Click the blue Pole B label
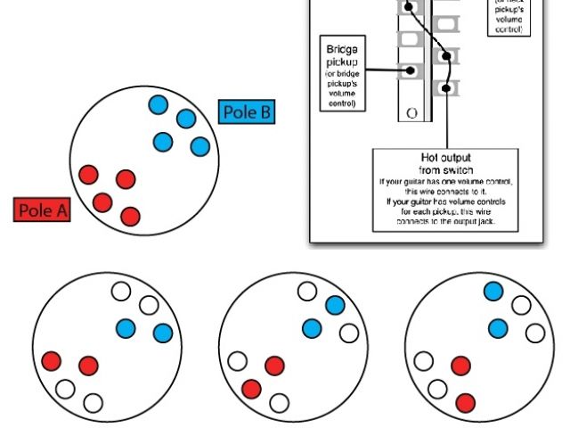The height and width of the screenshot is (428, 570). coord(247,112)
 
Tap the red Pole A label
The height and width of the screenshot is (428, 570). coord(43,210)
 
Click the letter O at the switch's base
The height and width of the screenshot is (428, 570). coord(411,113)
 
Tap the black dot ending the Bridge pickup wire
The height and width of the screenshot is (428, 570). coord(411,70)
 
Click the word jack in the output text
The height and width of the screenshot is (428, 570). coord(490,222)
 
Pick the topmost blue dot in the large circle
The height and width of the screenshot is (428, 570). coord(158,104)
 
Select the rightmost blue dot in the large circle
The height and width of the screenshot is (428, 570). coord(199,146)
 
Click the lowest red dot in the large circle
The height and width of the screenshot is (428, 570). coord(131,216)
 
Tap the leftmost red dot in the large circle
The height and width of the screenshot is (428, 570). coord(88,174)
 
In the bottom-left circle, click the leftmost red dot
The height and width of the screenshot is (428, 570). coord(51,361)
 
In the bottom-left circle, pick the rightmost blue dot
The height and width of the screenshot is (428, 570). coord(162,333)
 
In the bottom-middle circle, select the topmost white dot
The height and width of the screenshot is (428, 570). coord(306,292)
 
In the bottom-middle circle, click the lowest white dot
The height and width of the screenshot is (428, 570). coord(279,403)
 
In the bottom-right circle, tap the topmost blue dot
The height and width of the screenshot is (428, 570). coord(493,292)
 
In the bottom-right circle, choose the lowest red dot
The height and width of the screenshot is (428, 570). coord(465,403)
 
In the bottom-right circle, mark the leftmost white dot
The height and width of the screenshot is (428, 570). coord(423,361)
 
